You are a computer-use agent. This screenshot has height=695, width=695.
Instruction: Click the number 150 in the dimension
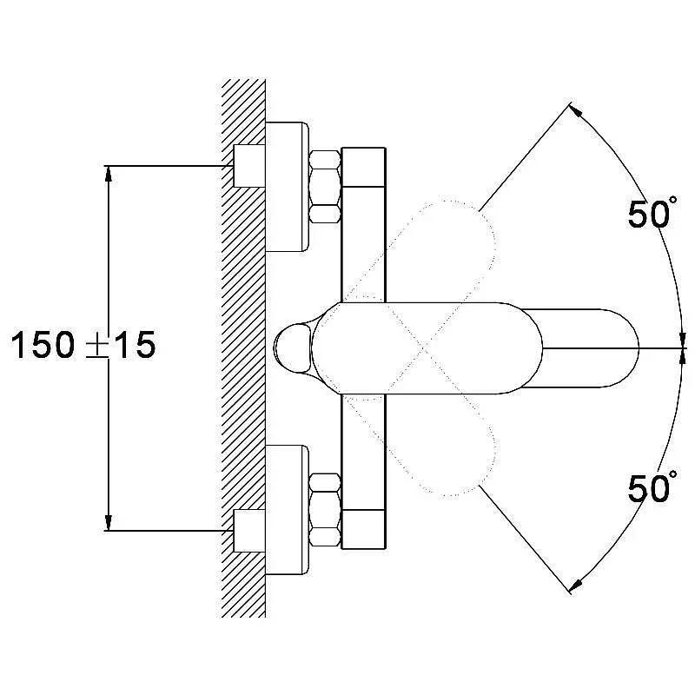43,345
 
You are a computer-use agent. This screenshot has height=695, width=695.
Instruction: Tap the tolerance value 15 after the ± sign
135,345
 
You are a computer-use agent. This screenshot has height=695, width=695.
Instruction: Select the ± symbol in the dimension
96,346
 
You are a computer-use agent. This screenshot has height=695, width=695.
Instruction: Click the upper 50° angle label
652,213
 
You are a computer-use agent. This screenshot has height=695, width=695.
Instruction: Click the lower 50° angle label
652,486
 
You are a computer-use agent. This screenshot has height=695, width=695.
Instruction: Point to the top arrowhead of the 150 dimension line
108,173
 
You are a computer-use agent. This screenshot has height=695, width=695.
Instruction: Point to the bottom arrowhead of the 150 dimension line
108,523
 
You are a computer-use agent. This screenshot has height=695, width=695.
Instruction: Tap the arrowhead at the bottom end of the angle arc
575,586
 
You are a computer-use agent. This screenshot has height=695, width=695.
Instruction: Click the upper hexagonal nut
325,187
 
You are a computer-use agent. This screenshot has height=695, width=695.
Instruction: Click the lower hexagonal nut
325,510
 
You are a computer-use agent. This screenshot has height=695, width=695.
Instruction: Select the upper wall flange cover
287,187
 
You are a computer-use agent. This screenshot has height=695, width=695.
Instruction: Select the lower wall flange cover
287,510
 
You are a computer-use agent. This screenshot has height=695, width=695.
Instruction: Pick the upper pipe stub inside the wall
249,166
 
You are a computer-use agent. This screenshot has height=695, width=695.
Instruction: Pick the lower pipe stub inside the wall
249,531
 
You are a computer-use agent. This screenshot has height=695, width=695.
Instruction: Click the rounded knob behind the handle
292,348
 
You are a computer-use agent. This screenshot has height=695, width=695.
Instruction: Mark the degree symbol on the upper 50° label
673,200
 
